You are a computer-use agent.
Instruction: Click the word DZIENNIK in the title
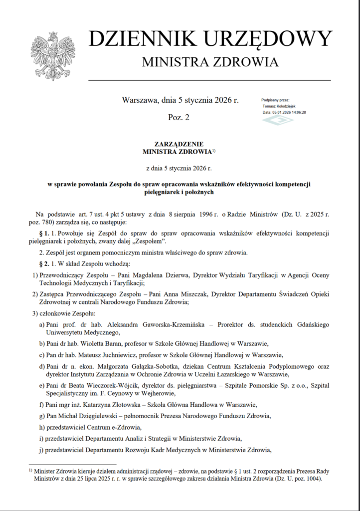136,39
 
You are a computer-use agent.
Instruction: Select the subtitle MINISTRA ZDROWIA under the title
210,62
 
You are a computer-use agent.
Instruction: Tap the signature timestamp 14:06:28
297,112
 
